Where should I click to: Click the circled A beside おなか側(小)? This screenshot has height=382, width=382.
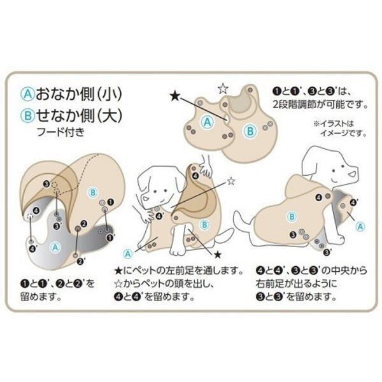coord(27,94)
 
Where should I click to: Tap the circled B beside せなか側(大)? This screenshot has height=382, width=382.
coord(27,115)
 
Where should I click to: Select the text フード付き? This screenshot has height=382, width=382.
coord(61,132)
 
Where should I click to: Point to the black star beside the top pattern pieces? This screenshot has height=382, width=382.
coord(174,95)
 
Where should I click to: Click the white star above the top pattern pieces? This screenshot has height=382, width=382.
coord(222,88)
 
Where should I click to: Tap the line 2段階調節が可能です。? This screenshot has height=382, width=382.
coord(320,104)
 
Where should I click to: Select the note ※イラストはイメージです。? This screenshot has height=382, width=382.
coord(341,129)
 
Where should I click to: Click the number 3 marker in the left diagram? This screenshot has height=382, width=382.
coord(46,184)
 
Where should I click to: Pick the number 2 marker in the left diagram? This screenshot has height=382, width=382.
coord(84,223)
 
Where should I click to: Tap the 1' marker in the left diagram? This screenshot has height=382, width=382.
coord(111,237)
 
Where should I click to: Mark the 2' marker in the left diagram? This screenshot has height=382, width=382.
coord(80,262)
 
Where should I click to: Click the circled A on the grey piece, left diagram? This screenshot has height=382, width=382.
coord(55,247)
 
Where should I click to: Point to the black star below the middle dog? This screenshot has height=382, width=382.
coord(217,255)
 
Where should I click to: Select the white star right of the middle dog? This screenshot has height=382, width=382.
coord(231,181)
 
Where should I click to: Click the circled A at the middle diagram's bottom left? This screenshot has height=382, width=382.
coord(128,254)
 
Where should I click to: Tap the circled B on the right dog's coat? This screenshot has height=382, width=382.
coord(292,216)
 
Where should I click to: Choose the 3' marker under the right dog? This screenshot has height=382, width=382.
coord(327,252)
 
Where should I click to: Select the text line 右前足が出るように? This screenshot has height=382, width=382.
coord(297,283)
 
